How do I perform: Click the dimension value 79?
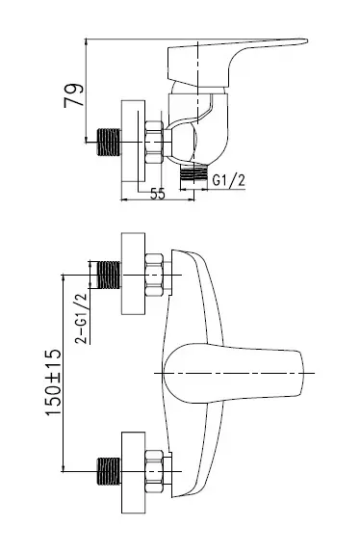[74, 95]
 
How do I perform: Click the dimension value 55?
[158, 194]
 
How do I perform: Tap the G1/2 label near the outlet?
[228, 180]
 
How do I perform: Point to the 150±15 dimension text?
[53, 382]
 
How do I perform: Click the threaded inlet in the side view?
[109, 143]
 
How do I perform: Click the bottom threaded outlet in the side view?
[193, 172]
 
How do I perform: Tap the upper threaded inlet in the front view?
[109, 275]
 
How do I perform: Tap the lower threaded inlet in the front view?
[109, 471]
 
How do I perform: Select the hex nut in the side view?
[154, 143]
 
